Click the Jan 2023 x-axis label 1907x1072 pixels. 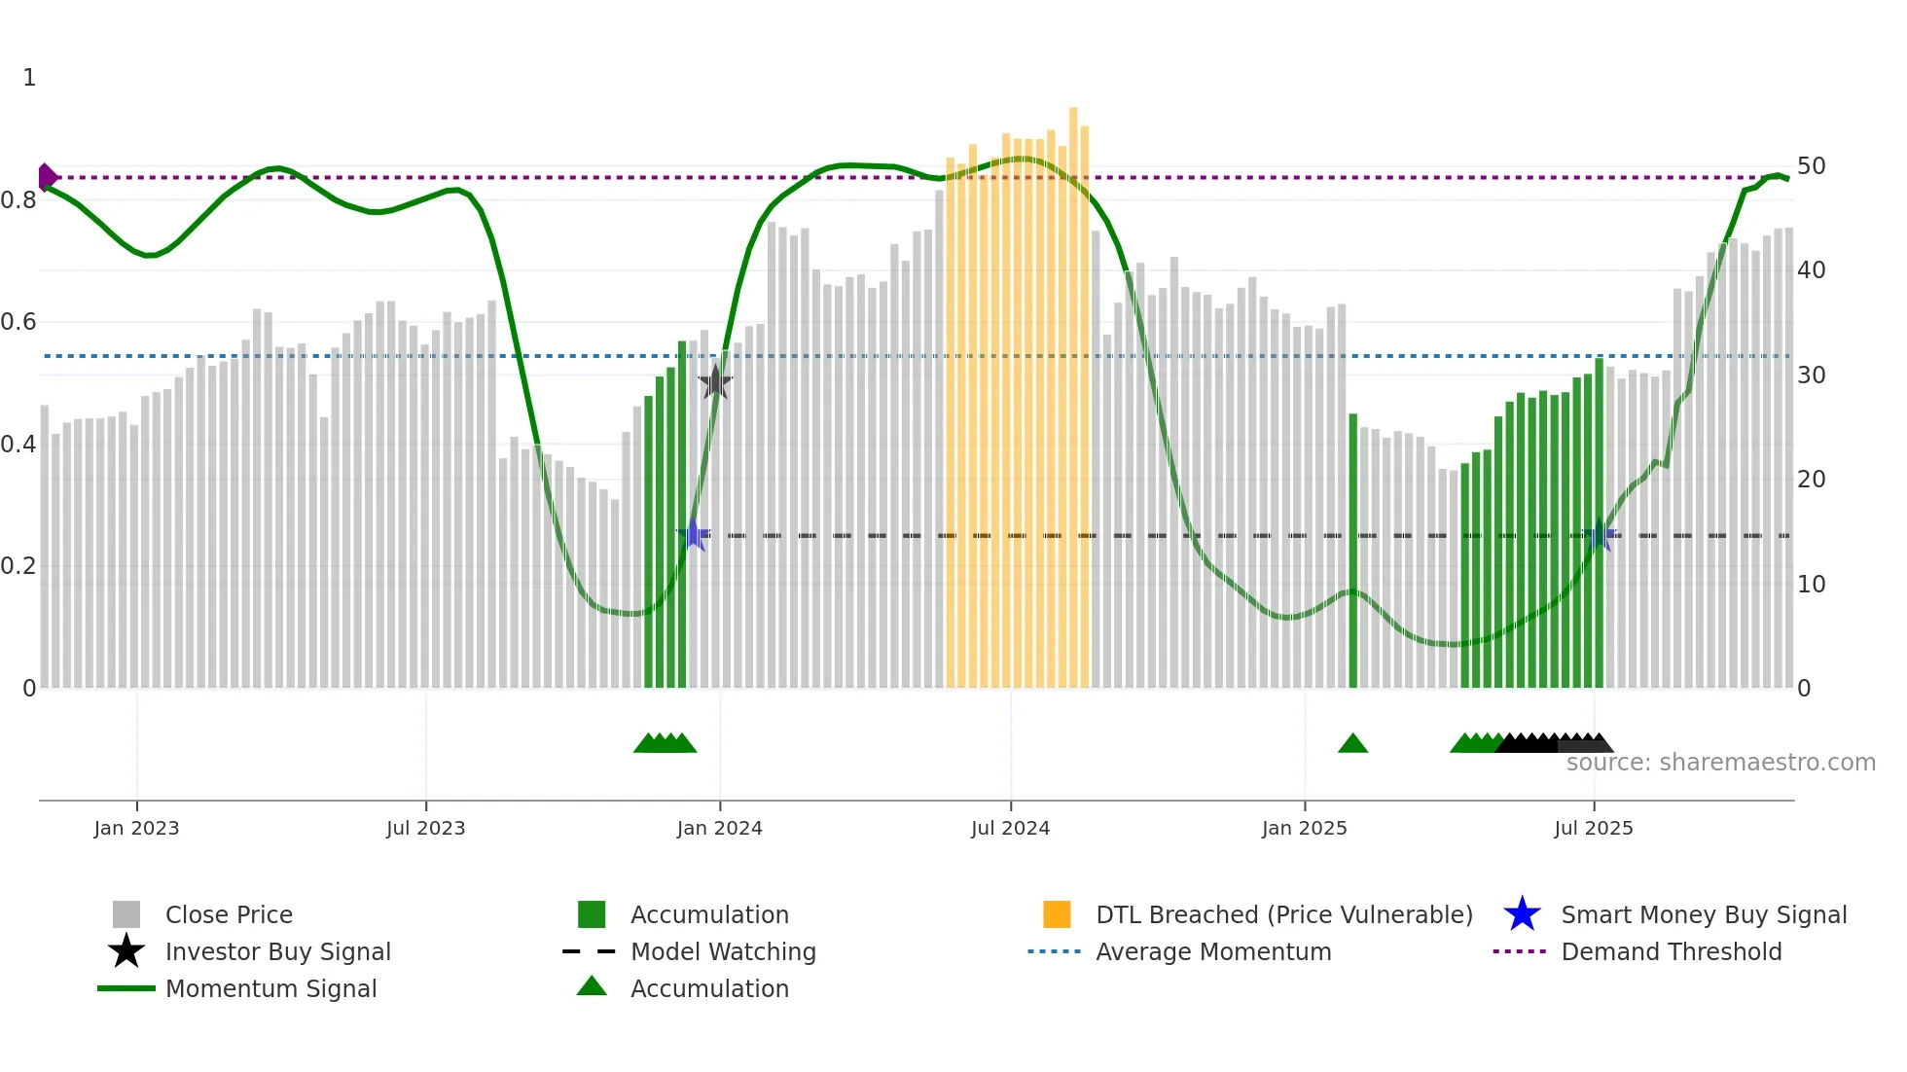click(x=136, y=828)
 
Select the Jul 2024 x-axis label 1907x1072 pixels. click(x=1010, y=828)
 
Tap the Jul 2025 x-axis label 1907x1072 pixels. click(x=1593, y=828)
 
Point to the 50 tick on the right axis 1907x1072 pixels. click(x=1811, y=166)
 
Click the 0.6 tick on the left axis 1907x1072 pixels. click(x=19, y=322)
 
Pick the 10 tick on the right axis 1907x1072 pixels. click(x=1811, y=585)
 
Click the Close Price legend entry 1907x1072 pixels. click(x=229, y=914)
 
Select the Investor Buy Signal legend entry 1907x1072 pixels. click(x=277, y=951)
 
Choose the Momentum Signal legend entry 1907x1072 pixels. click(x=270, y=988)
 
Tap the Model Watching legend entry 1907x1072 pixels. click(x=723, y=951)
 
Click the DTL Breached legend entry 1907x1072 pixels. click(x=1283, y=914)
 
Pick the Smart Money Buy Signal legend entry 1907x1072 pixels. click(x=1704, y=914)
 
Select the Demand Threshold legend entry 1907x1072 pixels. click(x=1671, y=951)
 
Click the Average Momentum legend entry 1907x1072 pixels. click(x=1213, y=951)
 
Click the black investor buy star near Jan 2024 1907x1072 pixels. click(x=715, y=382)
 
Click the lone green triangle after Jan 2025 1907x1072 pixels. click(x=1352, y=744)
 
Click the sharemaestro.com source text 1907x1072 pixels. click(x=1720, y=763)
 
